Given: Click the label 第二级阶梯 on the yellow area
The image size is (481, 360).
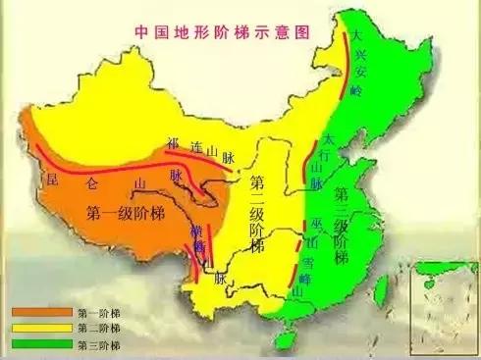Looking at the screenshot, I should pos(257,215).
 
